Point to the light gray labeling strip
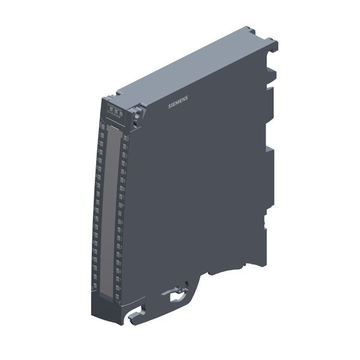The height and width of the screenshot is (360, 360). (x=109, y=210)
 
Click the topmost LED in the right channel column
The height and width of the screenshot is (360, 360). (x=125, y=137)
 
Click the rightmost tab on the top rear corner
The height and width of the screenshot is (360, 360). (x=274, y=43)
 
